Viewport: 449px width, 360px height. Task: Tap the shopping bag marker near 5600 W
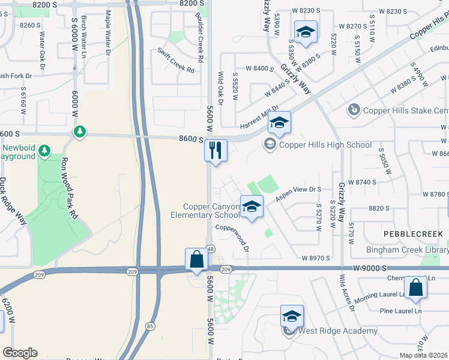tap(196, 260)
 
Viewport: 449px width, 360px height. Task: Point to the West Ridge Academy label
tap(338, 331)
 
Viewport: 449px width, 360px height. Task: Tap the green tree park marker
tap(79, 131)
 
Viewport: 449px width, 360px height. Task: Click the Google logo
tap(20, 353)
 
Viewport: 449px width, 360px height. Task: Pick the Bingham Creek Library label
tap(408, 250)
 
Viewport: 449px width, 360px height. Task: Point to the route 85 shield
tap(149, 326)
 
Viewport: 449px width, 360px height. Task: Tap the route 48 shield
tap(210, 248)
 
